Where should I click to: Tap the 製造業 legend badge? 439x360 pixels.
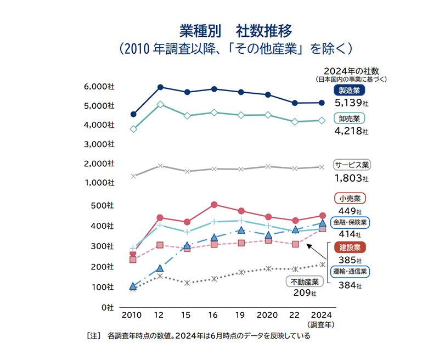point(349,91)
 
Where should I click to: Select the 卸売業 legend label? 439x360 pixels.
point(350,118)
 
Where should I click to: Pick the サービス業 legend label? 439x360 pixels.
point(352,164)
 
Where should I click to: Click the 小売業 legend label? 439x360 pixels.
point(349,198)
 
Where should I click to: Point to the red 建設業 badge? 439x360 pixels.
point(350,248)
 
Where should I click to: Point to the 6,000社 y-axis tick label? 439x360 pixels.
point(99,86)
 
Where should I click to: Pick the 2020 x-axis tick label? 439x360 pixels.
point(267,316)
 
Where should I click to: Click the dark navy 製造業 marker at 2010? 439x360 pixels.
point(133,114)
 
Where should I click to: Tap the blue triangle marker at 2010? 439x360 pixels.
point(133,286)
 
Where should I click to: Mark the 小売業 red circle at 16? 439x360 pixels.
point(214,205)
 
